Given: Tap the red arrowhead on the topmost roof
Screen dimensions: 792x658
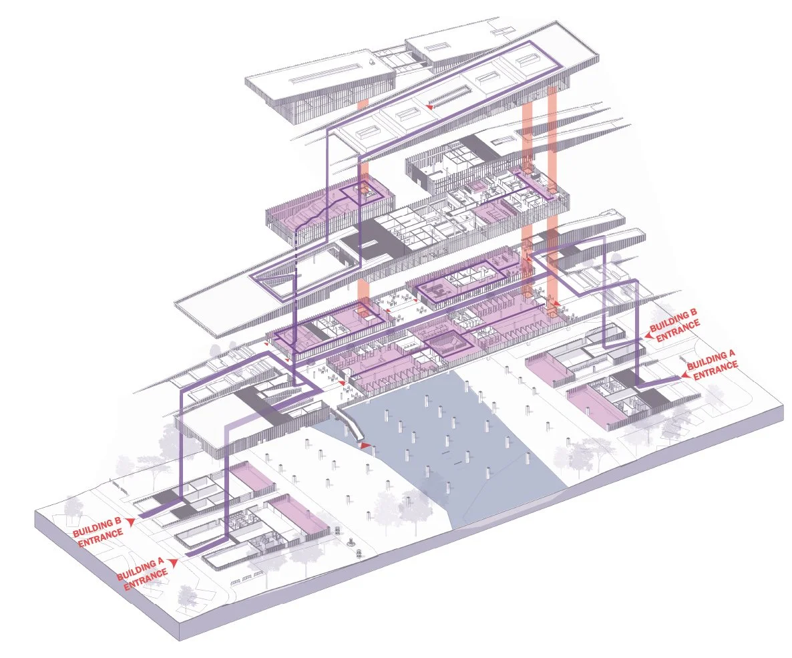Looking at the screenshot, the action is coord(431,106).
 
